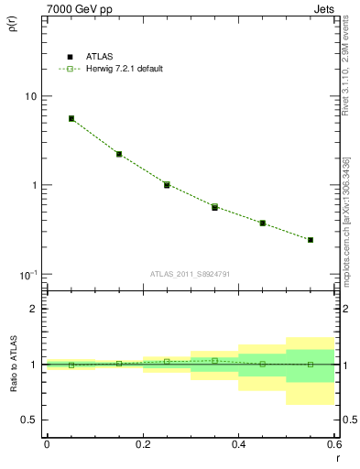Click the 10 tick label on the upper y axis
point(31,96)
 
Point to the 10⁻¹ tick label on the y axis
point(29,274)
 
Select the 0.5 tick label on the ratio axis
point(29,420)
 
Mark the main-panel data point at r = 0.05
point(71,118)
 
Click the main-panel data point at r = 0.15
point(119,154)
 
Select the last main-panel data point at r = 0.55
point(311,240)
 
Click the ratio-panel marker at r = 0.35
point(214,360)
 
